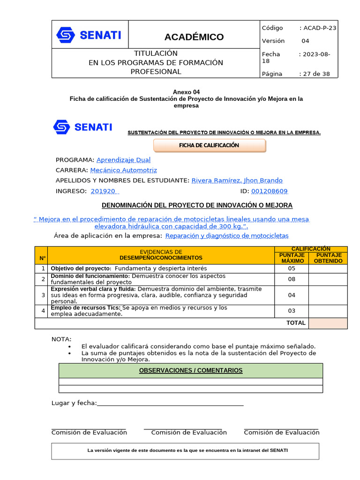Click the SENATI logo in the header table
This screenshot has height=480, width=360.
coord(89,35)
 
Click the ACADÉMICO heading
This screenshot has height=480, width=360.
coord(194,37)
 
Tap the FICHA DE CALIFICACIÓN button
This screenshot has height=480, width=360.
coord(209,145)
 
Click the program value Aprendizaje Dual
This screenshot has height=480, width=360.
coord(123,160)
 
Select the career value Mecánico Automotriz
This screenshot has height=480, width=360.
coord(123,170)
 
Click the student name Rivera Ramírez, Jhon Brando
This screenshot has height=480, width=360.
coord(237,180)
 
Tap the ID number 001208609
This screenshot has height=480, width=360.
coord(270,191)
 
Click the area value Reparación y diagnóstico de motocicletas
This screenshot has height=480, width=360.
coord(227,236)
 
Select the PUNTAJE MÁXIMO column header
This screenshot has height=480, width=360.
coord(292,258)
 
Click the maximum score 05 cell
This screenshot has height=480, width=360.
coord(292,269)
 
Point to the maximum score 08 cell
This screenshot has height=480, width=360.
coord(292,279)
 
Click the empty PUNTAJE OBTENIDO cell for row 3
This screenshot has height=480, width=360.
coord(328,295)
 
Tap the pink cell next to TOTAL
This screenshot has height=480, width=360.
coord(328,323)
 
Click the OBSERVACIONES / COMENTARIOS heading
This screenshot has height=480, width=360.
coord(191,371)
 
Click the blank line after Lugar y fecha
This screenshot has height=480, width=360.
coord(170,404)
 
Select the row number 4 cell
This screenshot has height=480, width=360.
coord(43,311)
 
